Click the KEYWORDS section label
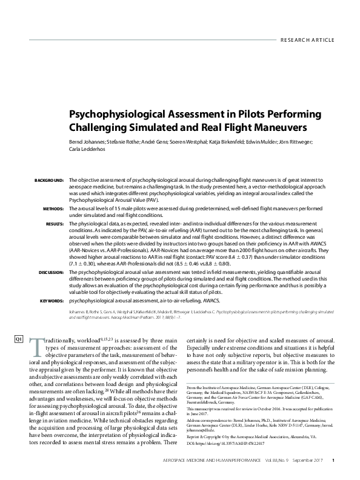pos(52,300)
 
